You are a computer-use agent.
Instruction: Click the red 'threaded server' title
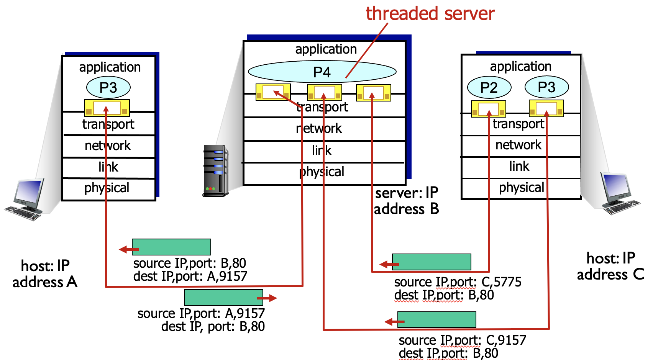430,14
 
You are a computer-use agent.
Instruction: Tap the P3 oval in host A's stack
108,87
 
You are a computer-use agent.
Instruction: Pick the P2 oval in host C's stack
489,87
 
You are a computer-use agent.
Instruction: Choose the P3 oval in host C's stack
546,87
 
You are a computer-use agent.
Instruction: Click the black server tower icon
215,171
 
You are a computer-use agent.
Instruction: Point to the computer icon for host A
25,199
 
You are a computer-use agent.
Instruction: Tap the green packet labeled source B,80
171,247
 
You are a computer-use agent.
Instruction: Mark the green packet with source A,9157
223,298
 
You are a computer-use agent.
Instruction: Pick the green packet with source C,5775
432,262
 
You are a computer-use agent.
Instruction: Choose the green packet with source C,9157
437,319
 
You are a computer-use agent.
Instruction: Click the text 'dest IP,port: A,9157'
190,276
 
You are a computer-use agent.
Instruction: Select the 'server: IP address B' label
406,201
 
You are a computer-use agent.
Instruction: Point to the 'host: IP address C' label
610,267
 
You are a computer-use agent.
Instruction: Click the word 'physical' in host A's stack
107,188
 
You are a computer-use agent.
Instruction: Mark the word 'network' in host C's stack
518,145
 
